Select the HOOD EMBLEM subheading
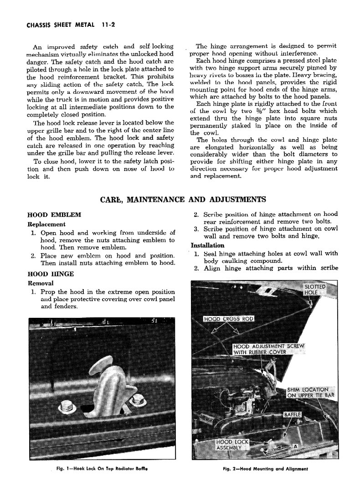[54, 215]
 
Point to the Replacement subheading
[46, 224]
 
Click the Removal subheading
[41, 283]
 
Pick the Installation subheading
[208, 245]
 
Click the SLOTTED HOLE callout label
[315, 290]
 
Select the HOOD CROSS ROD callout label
[229, 319]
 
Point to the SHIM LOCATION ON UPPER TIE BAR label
[310, 392]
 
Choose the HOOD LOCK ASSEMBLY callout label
[232, 444]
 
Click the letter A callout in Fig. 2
[295, 446]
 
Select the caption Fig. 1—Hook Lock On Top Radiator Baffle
[103, 469]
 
